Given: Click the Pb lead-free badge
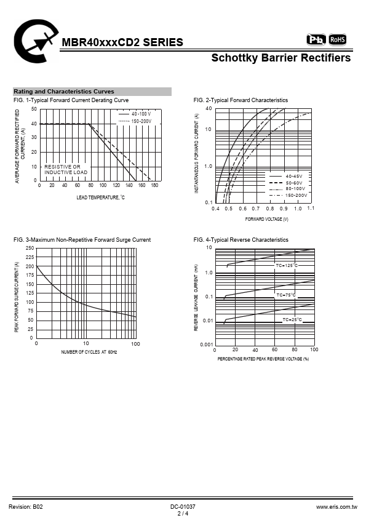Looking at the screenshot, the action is (x=316, y=39).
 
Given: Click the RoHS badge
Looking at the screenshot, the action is (x=337, y=39).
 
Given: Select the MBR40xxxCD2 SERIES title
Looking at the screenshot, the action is (x=122, y=42).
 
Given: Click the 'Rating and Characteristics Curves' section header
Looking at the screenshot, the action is (x=64, y=92).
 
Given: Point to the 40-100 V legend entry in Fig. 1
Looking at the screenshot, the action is (x=135, y=114).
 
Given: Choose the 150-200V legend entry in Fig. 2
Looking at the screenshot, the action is (x=288, y=195).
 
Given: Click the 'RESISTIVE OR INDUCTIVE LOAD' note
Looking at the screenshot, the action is (x=66, y=169).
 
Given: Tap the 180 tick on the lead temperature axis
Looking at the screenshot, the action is (x=154, y=185).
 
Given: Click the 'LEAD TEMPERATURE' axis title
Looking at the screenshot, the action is (x=100, y=197).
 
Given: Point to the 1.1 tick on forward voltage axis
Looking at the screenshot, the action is (x=311, y=208).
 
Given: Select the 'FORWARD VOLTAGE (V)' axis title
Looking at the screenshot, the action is (x=266, y=219).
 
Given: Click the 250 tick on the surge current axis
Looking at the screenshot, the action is (x=30, y=248).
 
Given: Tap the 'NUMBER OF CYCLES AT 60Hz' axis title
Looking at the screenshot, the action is (x=89, y=352).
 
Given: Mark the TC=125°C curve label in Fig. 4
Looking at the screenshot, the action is (x=287, y=265).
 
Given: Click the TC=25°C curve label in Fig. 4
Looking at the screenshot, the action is (x=292, y=319).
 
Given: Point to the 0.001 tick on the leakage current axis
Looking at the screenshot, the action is (x=207, y=345).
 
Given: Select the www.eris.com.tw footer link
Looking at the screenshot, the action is (x=336, y=507).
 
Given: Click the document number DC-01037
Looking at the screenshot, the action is (x=183, y=507).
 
